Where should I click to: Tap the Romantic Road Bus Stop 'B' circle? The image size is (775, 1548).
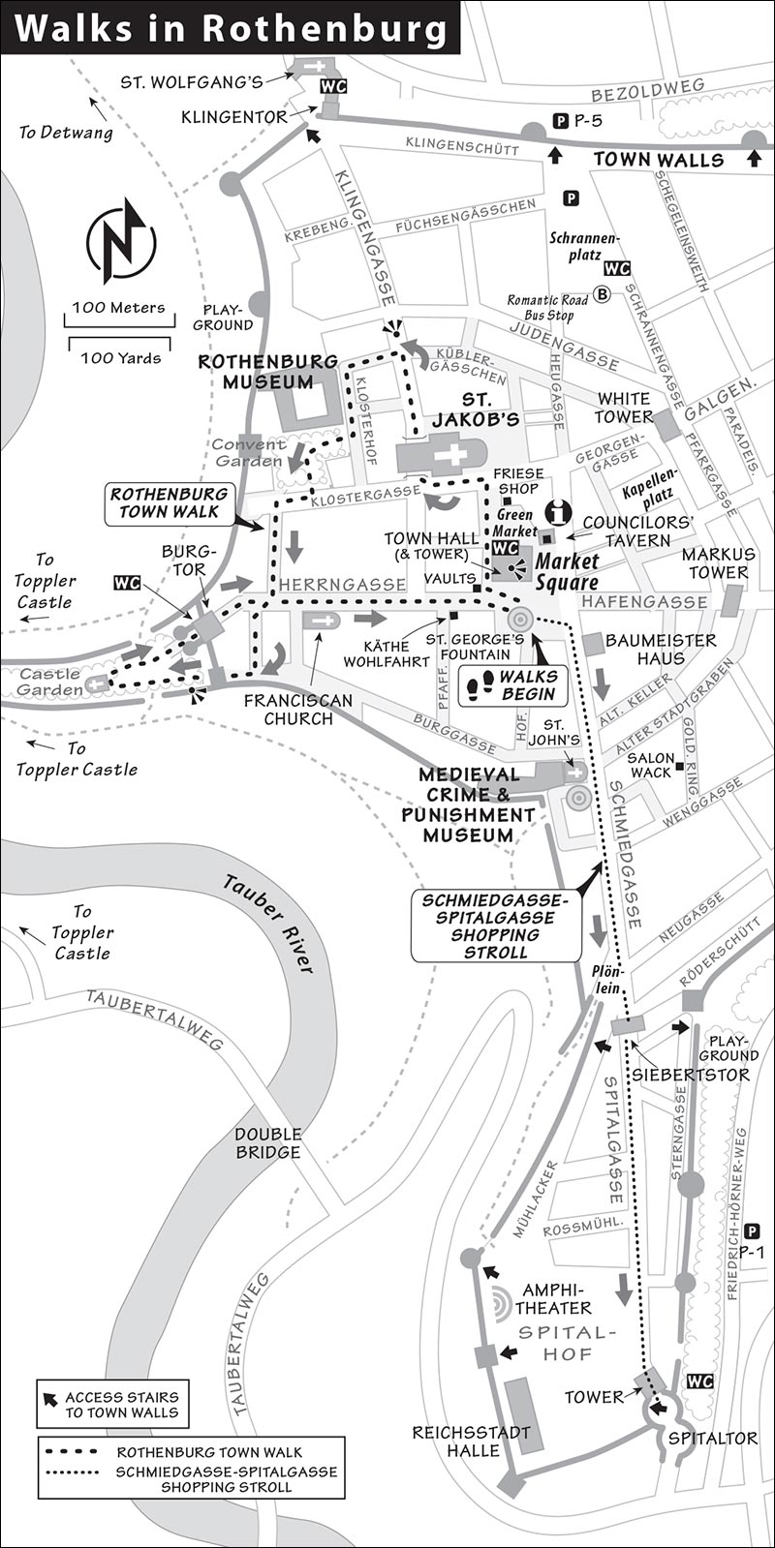[603, 294]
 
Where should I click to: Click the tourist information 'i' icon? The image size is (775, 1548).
[558, 512]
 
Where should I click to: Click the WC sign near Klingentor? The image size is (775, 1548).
[332, 86]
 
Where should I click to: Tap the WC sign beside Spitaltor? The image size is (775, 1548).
[699, 1381]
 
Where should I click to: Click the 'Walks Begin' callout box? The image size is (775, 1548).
[512, 684]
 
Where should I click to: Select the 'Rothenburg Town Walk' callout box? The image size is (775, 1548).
[170, 502]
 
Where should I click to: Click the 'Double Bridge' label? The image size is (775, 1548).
[267, 1143]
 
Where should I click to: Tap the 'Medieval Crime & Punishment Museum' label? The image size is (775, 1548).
[469, 804]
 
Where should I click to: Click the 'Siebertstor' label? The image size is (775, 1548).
[691, 1075]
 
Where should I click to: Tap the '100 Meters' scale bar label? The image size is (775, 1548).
[119, 308]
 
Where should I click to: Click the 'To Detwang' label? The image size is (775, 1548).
[66, 132]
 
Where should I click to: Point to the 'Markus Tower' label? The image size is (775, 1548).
[718, 563]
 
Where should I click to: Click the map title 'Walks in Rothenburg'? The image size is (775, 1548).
[232, 30]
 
